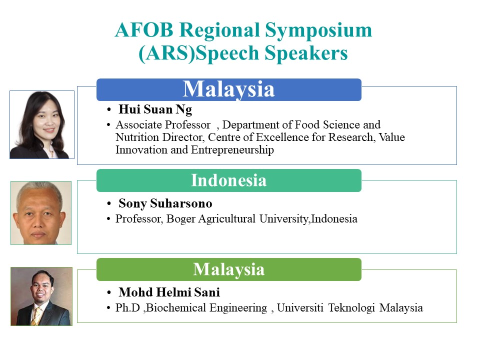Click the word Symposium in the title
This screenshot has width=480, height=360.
(318, 30)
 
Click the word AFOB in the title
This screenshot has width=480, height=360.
(144, 30)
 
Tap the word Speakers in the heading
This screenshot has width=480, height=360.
(306, 53)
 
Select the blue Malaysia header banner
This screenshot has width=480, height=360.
(228, 89)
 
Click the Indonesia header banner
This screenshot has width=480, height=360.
(228, 180)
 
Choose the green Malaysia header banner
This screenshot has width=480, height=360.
(228, 269)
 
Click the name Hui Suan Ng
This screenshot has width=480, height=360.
(155, 109)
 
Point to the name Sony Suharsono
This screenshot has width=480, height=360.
(165, 203)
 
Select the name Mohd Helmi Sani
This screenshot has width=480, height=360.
(169, 292)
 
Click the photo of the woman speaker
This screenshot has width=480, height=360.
(42, 124)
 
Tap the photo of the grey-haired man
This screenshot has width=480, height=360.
(41, 213)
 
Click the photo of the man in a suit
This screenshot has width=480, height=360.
(41, 296)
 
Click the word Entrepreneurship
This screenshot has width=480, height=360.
(232, 150)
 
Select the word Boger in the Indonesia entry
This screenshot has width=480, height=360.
(180, 219)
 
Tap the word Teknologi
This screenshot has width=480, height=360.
(351, 307)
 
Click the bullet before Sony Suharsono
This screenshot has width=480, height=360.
(108, 203)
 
